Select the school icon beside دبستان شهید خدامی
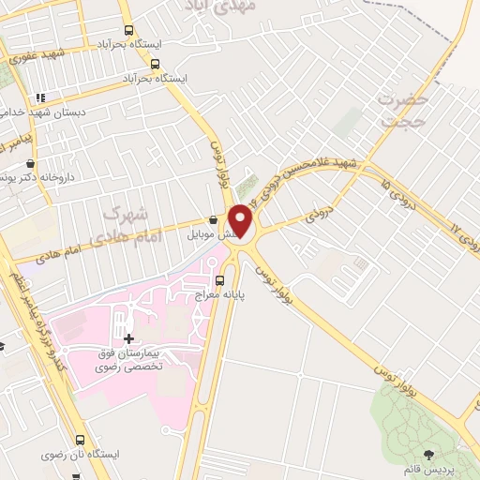point(39,97)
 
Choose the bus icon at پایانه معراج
point(220,279)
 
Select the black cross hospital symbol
point(128,337)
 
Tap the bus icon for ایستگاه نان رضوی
point(80,439)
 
